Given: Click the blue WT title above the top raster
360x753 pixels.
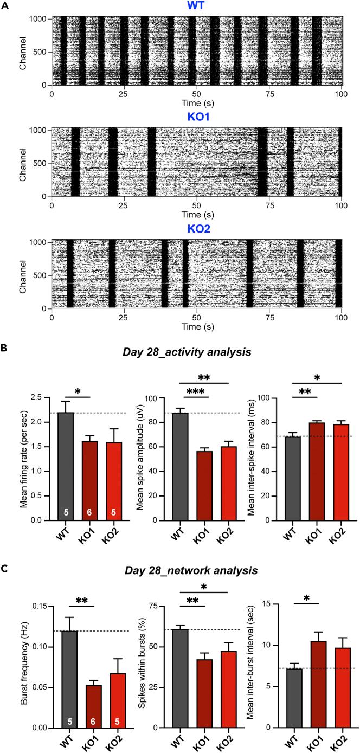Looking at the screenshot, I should pos(196,7).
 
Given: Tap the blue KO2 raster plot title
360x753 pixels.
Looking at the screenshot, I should pos(196,228).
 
